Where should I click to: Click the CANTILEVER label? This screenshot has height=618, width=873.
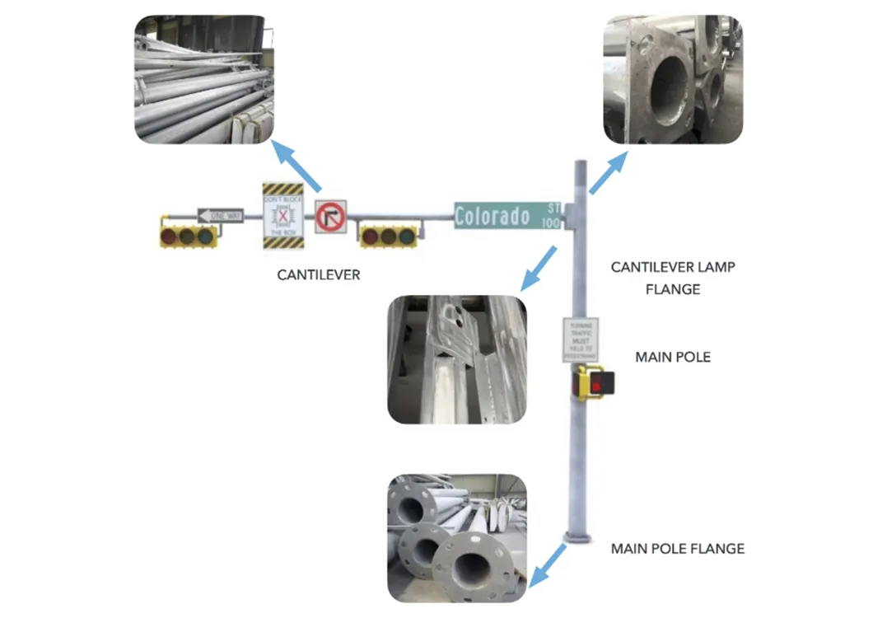[x=319, y=275]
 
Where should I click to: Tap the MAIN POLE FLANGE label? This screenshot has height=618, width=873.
[x=677, y=548]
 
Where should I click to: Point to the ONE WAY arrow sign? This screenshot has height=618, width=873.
[x=220, y=216]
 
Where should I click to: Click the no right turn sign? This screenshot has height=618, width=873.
[x=330, y=218]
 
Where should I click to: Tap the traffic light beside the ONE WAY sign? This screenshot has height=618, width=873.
[x=188, y=236]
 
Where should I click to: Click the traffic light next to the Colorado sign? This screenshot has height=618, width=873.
[x=388, y=236]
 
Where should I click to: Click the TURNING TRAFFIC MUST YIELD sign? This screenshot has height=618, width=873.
[x=578, y=339]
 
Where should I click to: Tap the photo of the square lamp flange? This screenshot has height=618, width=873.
[x=673, y=81]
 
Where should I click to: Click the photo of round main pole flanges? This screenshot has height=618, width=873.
[x=457, y=537]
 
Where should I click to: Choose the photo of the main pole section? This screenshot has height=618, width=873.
[x=456, y=359]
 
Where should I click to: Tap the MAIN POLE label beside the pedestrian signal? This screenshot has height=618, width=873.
[x=672, y=358]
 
